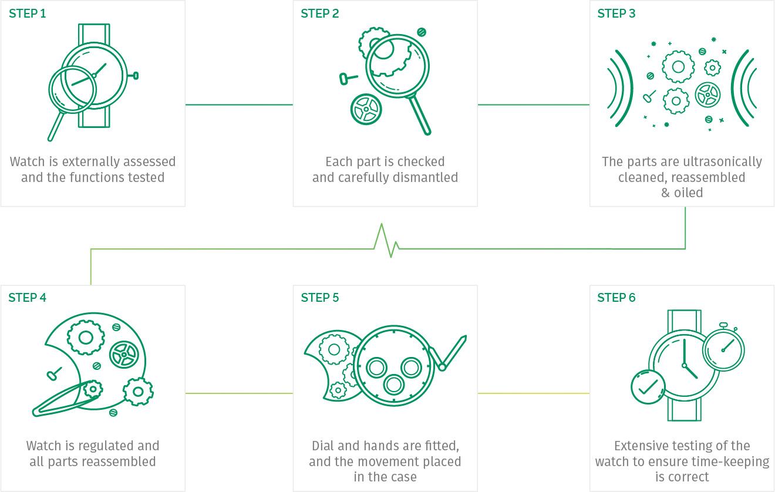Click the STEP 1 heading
point(28,14)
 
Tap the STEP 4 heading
point(28,298)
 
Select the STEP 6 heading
point(616,298)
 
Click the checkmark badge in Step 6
point(648,387)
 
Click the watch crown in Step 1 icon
point(136,75)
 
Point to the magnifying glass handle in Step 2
point(420,115)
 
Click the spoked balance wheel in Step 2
point(366,109)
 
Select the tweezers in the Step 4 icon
point(66,400)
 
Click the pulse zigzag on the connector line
point(387,241)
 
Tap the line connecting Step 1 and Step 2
point(239,105)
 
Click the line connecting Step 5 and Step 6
point(534,393)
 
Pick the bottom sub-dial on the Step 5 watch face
point(394,385)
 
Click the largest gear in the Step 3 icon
point(678,67)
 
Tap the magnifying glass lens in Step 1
point(72,89)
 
